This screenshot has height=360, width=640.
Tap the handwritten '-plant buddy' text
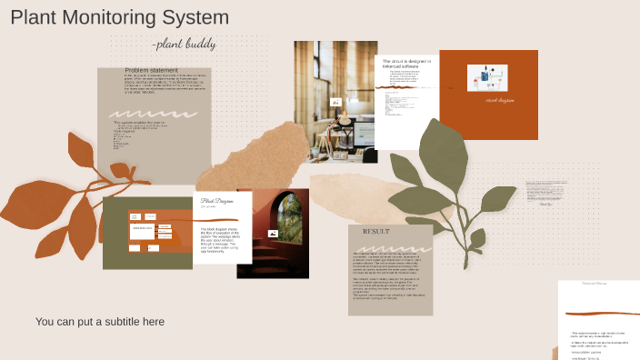[172, 45]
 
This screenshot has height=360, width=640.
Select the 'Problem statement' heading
[152, 70]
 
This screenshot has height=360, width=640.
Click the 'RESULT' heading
[375, 232]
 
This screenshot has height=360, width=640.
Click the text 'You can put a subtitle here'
[100, 322]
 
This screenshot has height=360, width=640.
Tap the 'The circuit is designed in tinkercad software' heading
[406, 64]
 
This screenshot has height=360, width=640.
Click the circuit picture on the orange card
[487, 78]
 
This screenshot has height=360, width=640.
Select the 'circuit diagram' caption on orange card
[500, 100]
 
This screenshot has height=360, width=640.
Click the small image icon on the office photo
[335, 103]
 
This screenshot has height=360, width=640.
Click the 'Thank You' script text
[545, 204]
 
